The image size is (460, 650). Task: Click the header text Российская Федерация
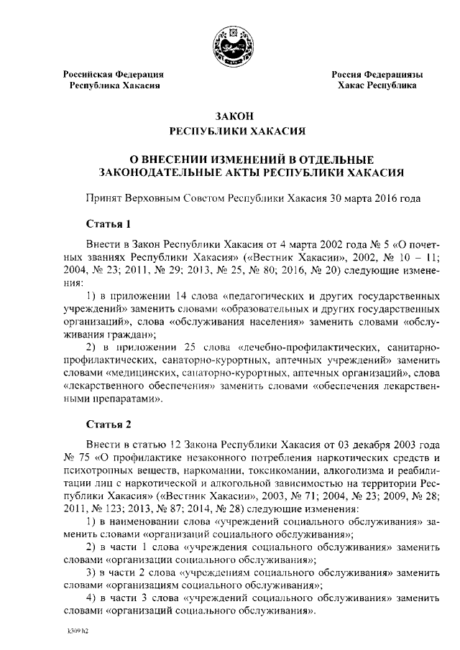tap(114, 74)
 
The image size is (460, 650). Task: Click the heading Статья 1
tap(108, 222)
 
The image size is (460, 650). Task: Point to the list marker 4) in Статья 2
tap(91, 598)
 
